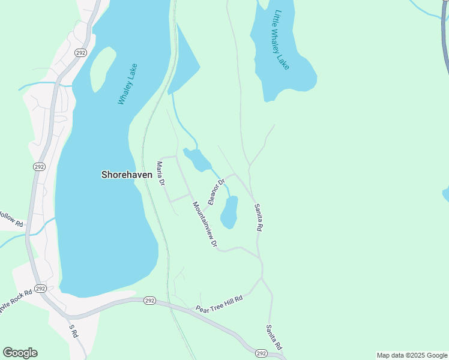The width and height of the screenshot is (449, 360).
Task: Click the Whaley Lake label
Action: pos(128,84)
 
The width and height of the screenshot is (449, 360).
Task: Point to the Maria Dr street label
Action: pos(160,173)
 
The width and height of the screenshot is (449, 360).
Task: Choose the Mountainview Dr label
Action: pos(205,225)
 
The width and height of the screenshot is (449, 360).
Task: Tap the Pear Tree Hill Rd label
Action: pos(219,304)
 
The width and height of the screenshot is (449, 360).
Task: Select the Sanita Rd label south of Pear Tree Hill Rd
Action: pos(274,338)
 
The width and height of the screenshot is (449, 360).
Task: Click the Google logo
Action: pos(20,353)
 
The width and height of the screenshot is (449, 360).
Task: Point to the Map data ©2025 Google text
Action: pos(412,355)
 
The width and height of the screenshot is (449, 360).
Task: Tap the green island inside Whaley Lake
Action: pos(103,67)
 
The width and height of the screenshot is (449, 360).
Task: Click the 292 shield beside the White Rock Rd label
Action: pos(40,289)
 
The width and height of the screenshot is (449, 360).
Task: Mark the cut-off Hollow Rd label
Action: pos(11,219)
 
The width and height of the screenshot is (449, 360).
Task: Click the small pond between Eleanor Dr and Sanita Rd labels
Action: pos(229,212)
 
